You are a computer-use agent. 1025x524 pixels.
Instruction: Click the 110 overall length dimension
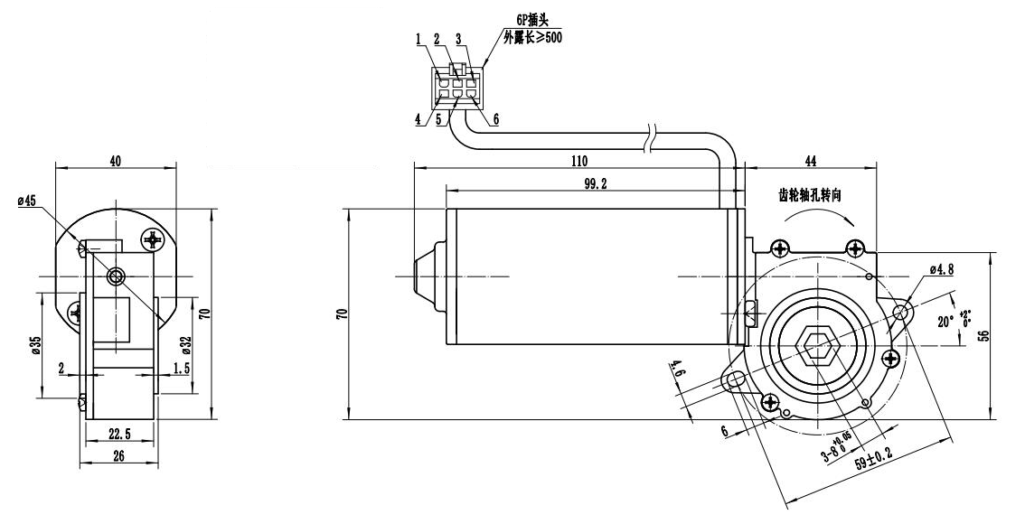tap(579, 161)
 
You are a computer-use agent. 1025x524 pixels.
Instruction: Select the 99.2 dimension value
tap(595, 183)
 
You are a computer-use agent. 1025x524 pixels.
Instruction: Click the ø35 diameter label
tap(33, 344)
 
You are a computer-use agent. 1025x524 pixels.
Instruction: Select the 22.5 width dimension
tap(119, 435)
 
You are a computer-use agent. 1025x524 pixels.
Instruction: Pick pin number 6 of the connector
tap(495, 118)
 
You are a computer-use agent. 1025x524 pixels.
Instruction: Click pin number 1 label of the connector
tap(419, 39)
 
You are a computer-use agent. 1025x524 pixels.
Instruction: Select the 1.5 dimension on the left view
tap(181, 369)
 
